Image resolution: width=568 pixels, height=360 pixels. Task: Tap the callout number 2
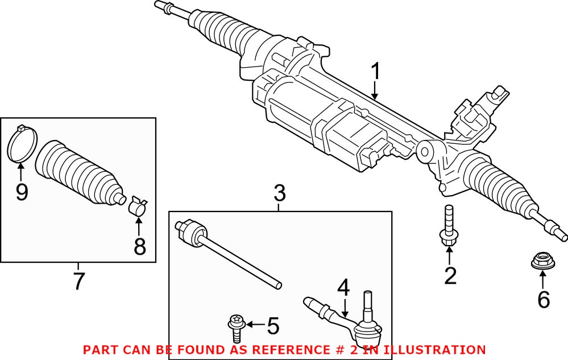pyautogui.click(x=450, y=276)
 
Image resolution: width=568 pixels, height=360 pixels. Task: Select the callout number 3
pyautogui.click(x=279, y=194)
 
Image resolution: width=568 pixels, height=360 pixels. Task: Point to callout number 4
pyautogui.click(x=343, y=288)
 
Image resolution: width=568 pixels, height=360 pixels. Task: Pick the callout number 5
pyautogui.click(x=273, y=326)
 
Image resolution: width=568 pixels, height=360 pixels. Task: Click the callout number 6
pyautogui.click(x=544, y=299)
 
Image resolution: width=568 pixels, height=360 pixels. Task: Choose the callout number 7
pyautogui.click(x=78, y=280)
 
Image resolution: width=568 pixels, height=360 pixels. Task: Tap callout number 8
pyautogui.click(x=139, y=246)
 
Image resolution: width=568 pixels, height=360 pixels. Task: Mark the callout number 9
pyautogui.click(x=22, y=192)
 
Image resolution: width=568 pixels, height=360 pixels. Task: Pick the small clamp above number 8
pyautogui.click(x=137, y=206)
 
